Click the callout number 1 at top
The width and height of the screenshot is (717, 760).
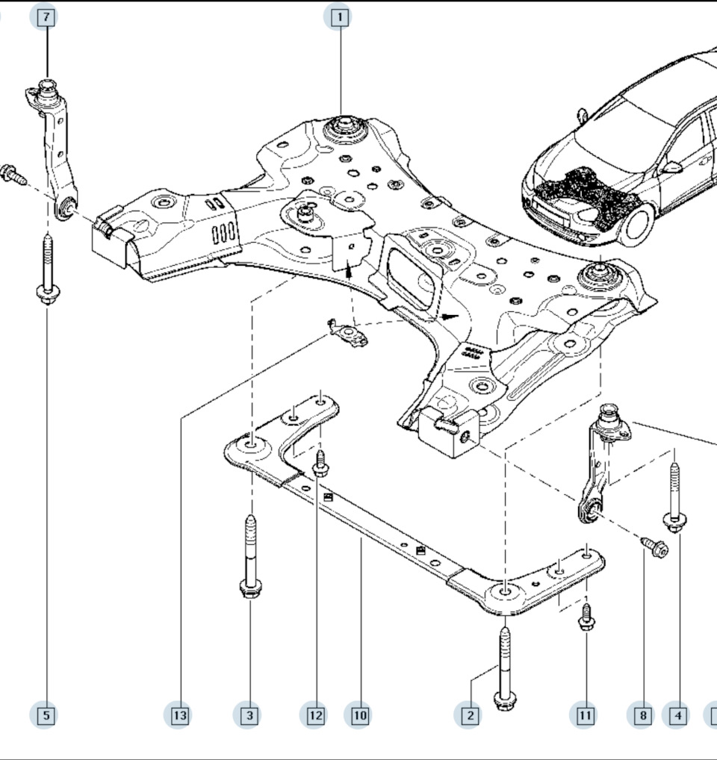(x=339, y=17)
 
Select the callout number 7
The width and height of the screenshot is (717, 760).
(x=46, y=17)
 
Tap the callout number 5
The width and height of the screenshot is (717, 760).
(x=46, y=715)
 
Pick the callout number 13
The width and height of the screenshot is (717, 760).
(x=180, y=715)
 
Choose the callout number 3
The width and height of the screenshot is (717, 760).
(x=249, y=715)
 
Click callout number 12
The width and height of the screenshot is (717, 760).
(x=316, y=715)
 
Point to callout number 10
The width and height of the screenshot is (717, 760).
(x=360, y=715)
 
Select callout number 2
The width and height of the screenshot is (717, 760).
(x=470, y=715)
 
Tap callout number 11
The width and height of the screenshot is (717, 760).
(x=585, y=715)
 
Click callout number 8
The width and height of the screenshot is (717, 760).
(x=643, y=715)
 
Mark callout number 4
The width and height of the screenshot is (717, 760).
(x=677, y=715)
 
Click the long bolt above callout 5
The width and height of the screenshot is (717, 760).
(x=48, y=270)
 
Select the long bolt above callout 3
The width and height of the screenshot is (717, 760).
(x=250, y=557)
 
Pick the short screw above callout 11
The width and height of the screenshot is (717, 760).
(x=586, y=617)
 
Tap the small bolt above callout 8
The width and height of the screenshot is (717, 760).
(x=655, y=546)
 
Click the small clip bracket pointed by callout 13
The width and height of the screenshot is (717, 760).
(x=347, y=333)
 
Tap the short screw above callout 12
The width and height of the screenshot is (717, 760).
(x=320, y=464)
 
